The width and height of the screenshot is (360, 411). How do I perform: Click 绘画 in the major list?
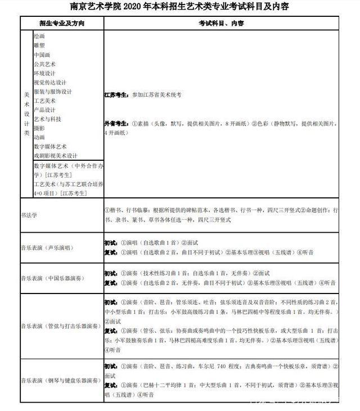[x=39, y=35]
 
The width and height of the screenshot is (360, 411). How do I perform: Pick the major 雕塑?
[x=39, y=45]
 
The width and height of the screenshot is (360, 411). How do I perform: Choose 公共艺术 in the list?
[x=44, y=64]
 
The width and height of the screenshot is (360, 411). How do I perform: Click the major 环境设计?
[x=44, y=73]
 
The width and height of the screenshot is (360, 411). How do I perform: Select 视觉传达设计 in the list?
[x=50, y=82]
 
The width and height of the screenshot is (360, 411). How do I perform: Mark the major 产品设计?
[x=44, y=110]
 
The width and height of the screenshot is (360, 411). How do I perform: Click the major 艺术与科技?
[x=47, y=119]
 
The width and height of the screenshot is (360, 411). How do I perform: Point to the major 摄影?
[x=39, y=128]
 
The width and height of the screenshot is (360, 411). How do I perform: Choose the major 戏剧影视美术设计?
[x=56, y=156]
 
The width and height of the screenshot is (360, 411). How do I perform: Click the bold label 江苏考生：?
[x=116, y=96]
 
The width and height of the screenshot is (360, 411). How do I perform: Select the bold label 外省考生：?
[x=116, y=123]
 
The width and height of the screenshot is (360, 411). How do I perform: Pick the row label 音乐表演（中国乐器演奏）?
[x=52, y=278]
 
